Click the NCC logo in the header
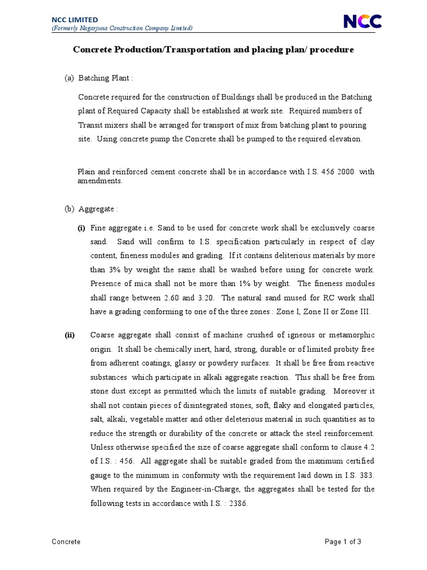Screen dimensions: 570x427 (363, 21)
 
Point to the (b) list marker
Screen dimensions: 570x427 (69, 209)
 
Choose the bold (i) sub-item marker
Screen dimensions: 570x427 (81, 228)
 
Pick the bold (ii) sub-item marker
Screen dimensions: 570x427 (69, 335)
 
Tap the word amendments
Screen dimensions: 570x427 (100, 181)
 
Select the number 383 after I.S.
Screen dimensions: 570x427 (366, 475)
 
